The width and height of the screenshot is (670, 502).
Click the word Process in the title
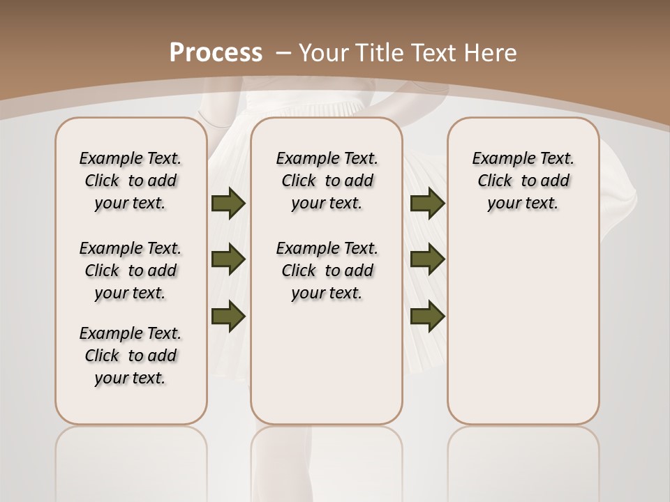coord(216,52)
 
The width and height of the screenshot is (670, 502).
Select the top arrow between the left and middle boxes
coord(228,204)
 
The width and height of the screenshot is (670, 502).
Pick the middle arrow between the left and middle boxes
coord(228,259)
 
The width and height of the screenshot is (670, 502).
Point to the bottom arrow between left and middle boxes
coord(228,315)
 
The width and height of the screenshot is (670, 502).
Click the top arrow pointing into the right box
coord(427,204)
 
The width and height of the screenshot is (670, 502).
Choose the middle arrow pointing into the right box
coord(427,259)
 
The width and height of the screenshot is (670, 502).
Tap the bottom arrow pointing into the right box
coord(427,315)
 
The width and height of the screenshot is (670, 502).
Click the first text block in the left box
coord(131,181)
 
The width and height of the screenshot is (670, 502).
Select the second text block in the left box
coord(131,271)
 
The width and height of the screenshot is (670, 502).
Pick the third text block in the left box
coord(131,356)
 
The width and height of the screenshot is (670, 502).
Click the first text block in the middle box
coord(327,181)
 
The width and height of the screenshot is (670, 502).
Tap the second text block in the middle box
coord(327,271)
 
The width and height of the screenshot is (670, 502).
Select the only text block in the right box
coord(523,181)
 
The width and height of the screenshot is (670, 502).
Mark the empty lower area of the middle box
coord(327,370)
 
